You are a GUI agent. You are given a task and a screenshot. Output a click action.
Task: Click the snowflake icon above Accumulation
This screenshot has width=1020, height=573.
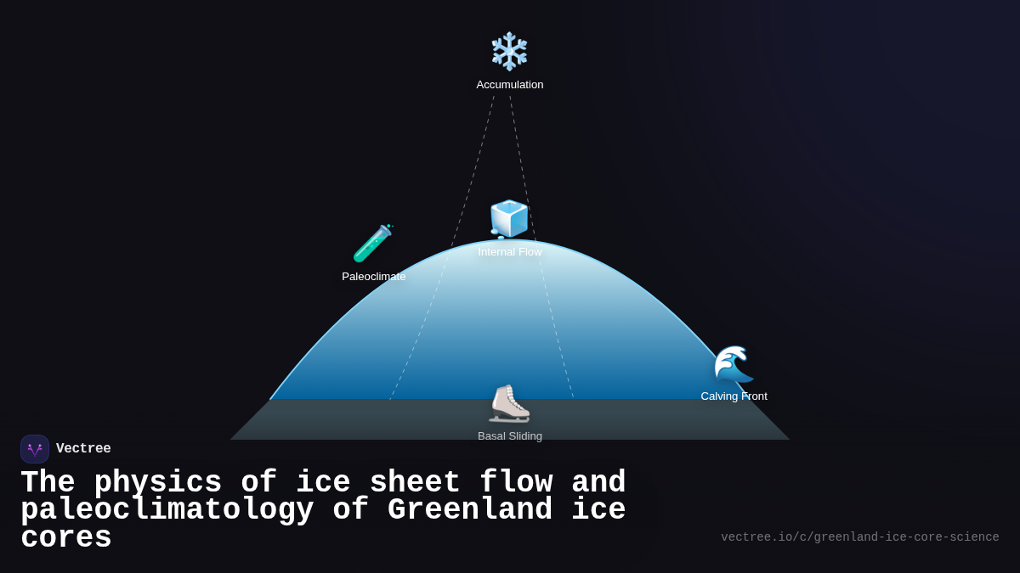click(x=509, y=51)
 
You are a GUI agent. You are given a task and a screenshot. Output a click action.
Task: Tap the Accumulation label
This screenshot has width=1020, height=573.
click(x=509, y=85)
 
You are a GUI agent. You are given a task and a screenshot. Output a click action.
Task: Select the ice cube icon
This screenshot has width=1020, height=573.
click(x=509, y=219)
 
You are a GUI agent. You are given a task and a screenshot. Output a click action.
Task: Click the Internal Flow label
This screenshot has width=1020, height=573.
click(x=509, y=252)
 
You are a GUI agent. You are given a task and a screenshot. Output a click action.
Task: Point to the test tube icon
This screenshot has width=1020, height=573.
click(x=373, y=244)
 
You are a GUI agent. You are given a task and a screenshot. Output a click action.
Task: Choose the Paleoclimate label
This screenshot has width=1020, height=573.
click(x=373, y=277)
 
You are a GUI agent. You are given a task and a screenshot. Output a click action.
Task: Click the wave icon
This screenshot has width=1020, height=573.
click(x=734, y=363)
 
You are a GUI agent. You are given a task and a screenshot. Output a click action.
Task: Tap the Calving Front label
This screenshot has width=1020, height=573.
click(x=734, y=396)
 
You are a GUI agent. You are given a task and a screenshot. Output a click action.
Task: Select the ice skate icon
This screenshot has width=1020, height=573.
click(x=509, y=403)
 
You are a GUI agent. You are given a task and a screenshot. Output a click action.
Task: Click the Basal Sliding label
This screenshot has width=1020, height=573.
click(x=509, y=436)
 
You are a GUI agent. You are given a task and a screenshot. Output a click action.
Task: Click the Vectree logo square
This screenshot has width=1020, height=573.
click(x=35, y=449)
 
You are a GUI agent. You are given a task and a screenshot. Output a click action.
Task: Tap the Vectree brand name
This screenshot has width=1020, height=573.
click(x=83, y=449)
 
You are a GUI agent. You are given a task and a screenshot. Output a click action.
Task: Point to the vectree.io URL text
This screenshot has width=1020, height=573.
click(x=859, y=537)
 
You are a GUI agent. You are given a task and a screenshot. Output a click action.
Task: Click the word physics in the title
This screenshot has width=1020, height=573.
click(x=157, y=483)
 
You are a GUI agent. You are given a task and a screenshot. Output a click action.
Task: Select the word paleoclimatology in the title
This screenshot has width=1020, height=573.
click(x=167, y=510)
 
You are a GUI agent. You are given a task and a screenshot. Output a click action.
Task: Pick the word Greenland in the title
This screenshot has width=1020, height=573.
click(x=469, y=510)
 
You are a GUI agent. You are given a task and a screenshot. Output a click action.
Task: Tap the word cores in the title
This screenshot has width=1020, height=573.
click(x=66, y=538)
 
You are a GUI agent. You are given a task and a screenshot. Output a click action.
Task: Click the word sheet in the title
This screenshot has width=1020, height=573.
click(x=405, y=483)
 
